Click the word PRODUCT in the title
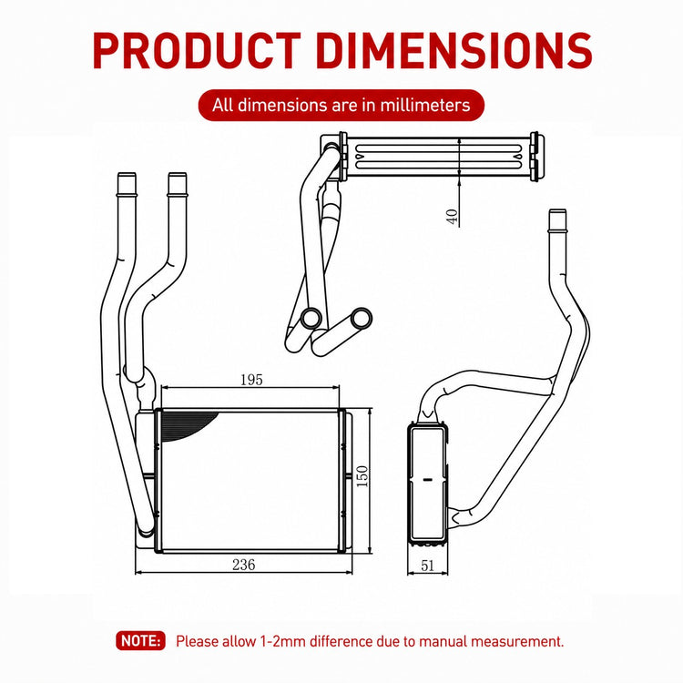(197, 51)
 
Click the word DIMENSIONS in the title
(454, 51)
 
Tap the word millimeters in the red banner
(425, 106)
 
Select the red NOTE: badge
(140, 641)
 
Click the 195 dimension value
(251, 380)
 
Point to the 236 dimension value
(243, 565)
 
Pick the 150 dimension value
(362, 476)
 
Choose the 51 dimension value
(428, 566)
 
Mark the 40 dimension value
(453, 217)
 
